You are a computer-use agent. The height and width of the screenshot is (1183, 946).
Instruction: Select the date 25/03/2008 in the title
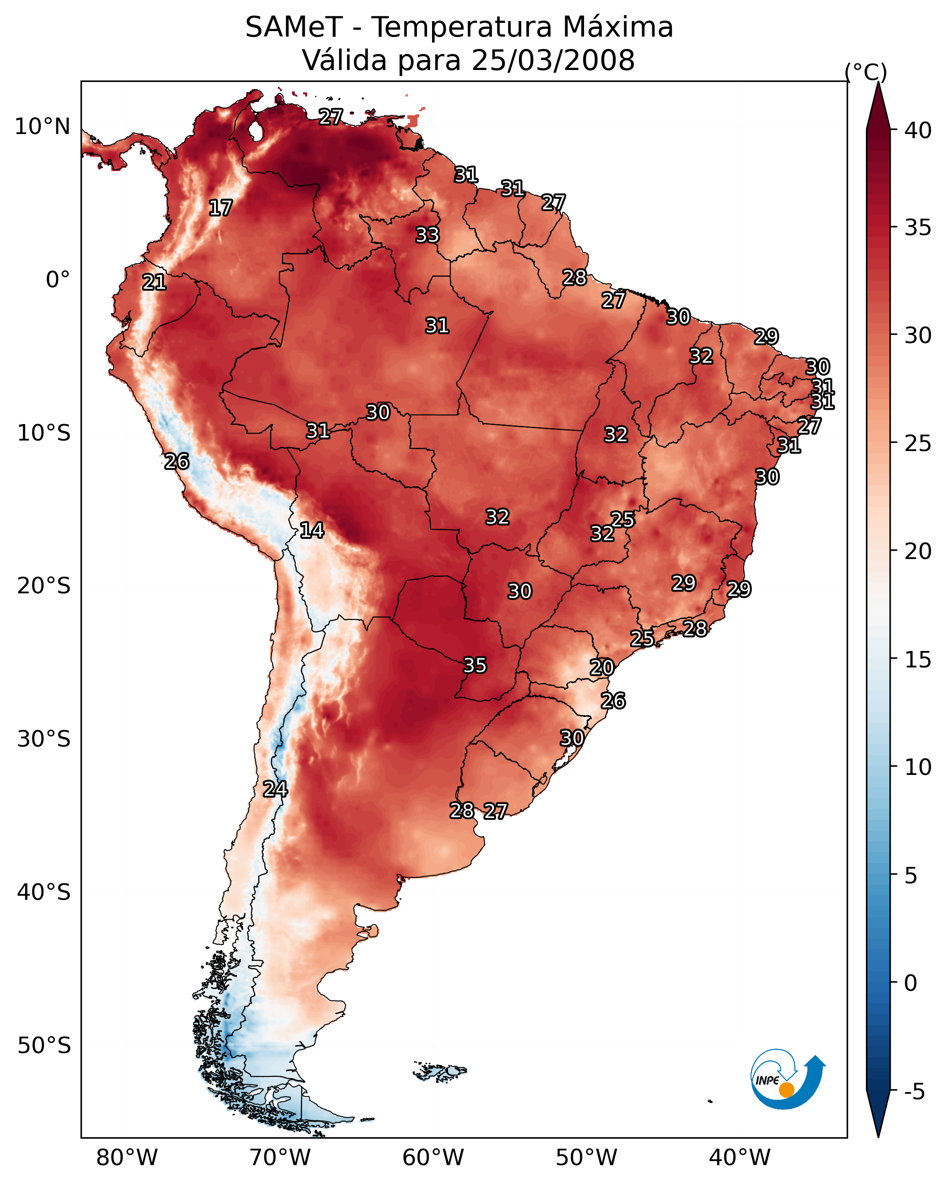(x=553, y=60)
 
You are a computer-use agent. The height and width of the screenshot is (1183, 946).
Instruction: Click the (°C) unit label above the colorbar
(x=866, y=72)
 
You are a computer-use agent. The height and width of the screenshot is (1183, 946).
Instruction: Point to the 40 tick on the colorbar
(x=918, y=130)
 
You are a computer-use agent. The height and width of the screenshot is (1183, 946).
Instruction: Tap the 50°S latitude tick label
(x=44, y=1046)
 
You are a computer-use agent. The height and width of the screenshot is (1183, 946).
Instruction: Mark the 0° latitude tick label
(x=58, y=280)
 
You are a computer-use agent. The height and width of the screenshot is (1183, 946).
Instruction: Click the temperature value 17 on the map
(x=221, y=208)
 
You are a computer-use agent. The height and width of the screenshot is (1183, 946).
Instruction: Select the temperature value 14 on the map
(x=312, y=530)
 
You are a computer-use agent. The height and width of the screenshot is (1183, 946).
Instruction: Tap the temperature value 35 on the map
(x=475, y=666)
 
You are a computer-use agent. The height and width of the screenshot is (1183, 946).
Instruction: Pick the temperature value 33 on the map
(x=428, y=235)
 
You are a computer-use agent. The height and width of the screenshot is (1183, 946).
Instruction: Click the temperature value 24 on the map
(x=275, y=789)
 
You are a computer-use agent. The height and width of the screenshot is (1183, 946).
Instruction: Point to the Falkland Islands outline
(x=440, y=1071)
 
